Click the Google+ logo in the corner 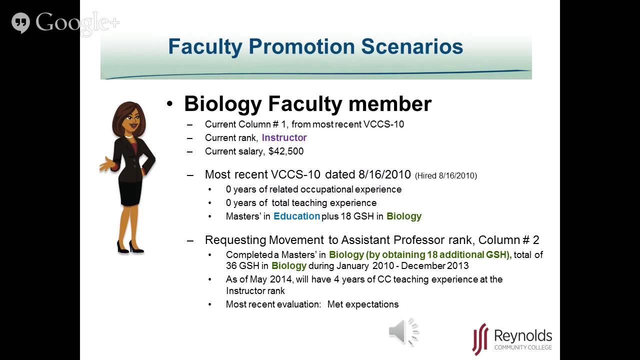65,22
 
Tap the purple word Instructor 284,137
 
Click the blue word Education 296,216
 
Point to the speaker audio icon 403,331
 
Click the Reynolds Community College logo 512,339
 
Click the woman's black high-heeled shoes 130,246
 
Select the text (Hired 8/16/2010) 446,175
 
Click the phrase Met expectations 363,304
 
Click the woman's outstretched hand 106,164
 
